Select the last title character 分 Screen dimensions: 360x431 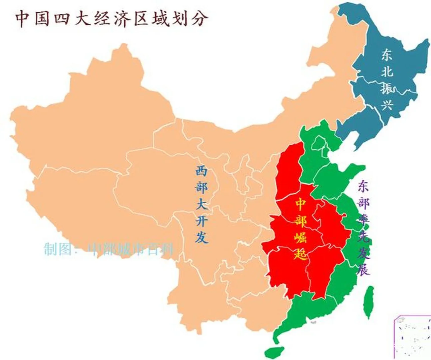click(x=199, y=19)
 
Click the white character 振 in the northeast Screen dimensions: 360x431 click(x=388, y=88)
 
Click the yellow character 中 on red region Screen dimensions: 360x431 click(x=300, y=204)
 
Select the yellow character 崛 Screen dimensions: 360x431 click(x=300, y=237)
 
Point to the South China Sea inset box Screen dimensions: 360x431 click(x=412, y=337)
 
